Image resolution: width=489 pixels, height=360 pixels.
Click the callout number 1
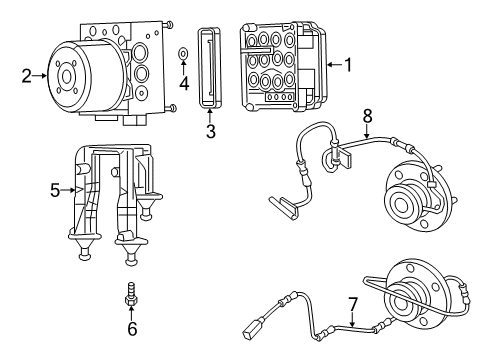(x=349, y=65)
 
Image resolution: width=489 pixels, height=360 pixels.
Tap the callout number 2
(x=27, y=72)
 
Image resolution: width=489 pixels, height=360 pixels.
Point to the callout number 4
(x=184, y=82)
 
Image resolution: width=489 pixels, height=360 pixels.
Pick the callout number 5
(x=55, y=188)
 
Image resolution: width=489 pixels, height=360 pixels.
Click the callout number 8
(x=367, y=115)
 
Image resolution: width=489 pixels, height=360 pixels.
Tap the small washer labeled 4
(x=183, y=53)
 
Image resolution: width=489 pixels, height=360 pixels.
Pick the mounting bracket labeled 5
(x=112, y=200)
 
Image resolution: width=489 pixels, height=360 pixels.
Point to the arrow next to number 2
(x=41, y=72)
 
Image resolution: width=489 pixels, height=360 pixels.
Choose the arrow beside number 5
(x=69, y=188)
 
